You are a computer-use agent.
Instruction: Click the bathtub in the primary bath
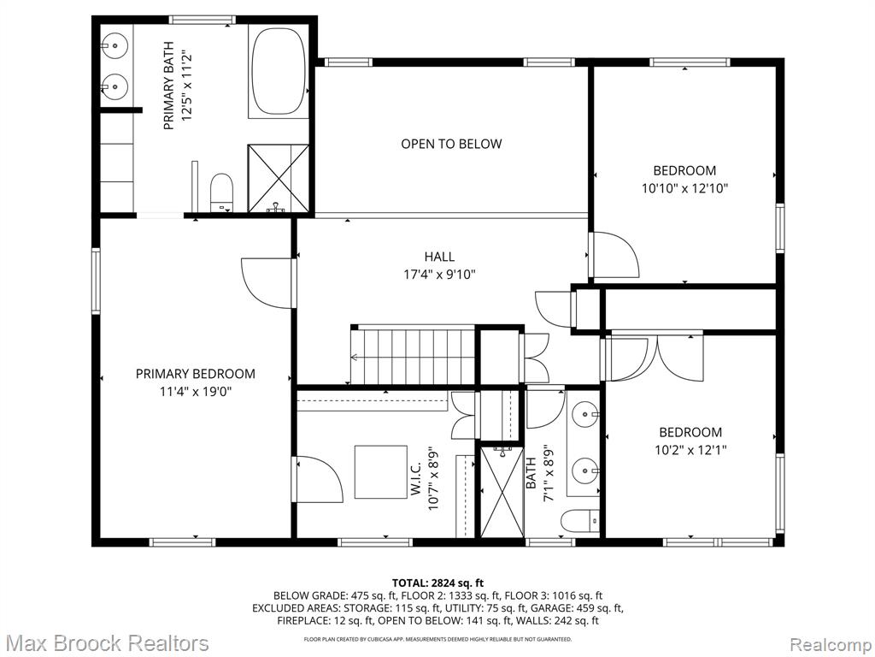(279, 71)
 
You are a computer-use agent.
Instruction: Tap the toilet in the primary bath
(221, 192)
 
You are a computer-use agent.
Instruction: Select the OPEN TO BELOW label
(451, 144)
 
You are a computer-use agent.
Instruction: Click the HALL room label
(439, 257)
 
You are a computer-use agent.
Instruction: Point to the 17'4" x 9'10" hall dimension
(439, 275)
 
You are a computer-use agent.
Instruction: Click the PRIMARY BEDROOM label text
(196, 374)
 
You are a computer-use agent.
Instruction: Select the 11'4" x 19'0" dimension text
(196, 392)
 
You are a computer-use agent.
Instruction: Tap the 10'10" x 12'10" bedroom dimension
(684, 188)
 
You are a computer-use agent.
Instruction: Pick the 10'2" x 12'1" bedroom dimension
(690, 450)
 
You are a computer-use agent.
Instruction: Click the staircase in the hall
(413, 355)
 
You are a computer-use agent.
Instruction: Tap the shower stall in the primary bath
(278, 178)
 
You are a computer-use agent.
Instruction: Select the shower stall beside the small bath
(502, 492)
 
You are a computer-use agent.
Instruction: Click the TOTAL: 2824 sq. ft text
(438, 583)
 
